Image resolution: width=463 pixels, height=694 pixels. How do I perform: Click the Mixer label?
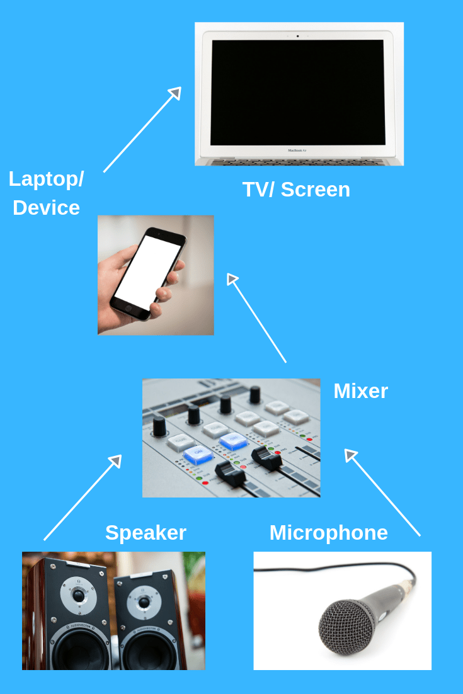360,391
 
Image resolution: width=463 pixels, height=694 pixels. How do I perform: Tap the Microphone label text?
328,533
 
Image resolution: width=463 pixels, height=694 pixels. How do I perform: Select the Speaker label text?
146,533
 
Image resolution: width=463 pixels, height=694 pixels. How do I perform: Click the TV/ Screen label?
296,190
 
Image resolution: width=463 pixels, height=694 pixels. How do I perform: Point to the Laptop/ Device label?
46,193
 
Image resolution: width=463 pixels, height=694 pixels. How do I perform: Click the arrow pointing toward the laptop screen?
142,130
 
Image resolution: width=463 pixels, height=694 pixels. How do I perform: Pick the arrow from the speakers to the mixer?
83,498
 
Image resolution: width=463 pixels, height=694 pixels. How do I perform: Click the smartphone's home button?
129,310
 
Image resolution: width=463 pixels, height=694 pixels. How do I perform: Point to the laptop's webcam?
298,36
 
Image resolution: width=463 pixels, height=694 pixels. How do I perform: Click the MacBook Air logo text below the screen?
297,151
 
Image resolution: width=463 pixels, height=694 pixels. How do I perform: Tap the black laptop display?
297,92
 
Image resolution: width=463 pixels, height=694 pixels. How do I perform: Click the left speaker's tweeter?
78,594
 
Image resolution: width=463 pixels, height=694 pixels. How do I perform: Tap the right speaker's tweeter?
144,603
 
